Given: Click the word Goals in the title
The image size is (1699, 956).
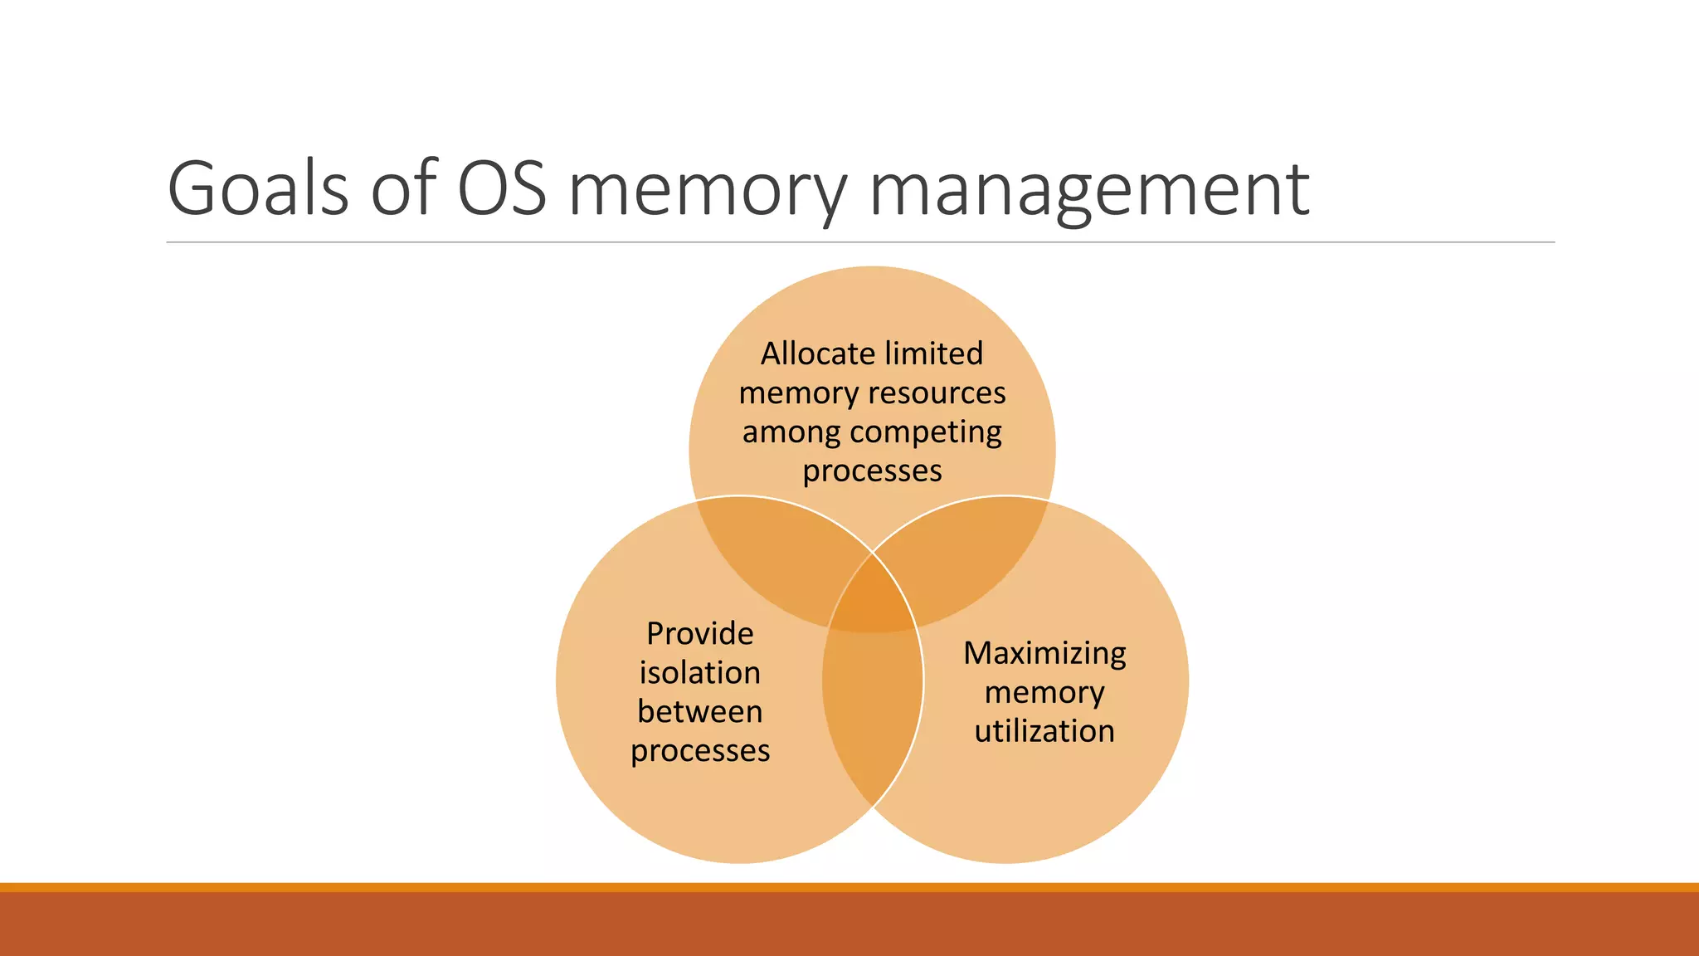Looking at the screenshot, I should coord(257,188).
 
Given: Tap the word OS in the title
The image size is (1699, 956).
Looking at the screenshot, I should coord(502,188).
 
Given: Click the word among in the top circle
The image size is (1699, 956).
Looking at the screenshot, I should coord(791,433).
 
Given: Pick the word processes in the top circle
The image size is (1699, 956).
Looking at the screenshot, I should coord(872,471).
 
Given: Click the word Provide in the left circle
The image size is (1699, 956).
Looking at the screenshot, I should coord(699,634).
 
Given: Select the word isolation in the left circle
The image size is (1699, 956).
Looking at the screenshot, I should coord(699,673).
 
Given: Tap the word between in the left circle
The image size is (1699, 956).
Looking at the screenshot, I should coord(699,712).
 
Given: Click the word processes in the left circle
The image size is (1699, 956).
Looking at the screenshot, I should coord(699,751).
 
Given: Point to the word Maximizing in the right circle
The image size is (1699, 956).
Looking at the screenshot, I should coord(1044,653).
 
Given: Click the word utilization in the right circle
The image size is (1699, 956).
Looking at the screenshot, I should coord(1044,731).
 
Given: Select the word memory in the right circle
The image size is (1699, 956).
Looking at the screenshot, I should coord(1044,693).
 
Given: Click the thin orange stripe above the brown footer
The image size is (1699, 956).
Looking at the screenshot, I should coord(849,887).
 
